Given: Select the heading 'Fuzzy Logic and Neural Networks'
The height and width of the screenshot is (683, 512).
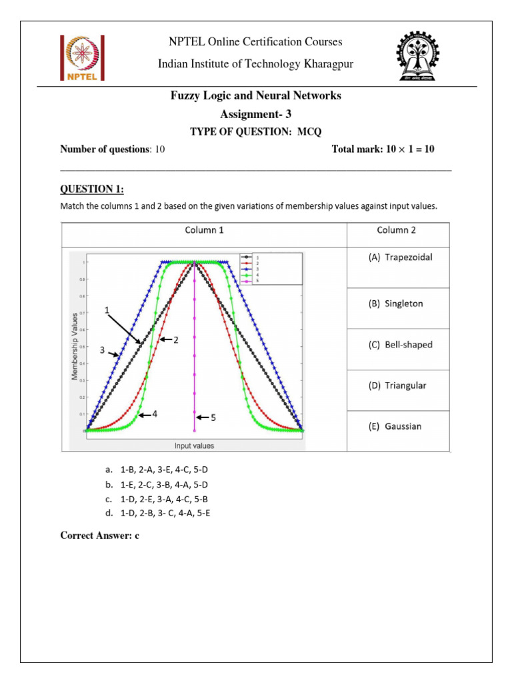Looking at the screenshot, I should (255, 96).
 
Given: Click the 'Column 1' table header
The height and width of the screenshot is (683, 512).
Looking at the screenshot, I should (205, 230).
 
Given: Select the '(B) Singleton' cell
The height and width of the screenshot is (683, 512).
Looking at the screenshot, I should (396, 303).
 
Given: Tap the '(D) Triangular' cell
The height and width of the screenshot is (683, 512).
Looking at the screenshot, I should (397, 386).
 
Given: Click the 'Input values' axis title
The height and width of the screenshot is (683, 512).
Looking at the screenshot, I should (195, 445).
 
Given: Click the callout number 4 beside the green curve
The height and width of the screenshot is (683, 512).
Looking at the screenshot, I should (155, 414).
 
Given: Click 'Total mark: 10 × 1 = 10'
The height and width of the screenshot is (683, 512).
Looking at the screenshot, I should (383, 149).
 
